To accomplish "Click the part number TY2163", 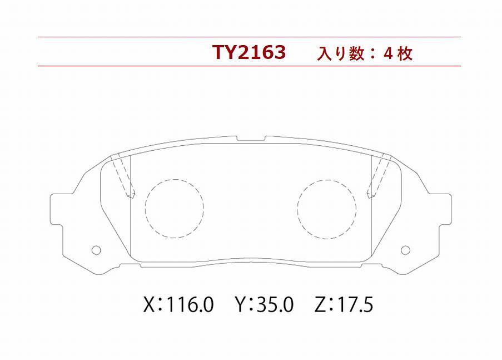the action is [x=249, y=52].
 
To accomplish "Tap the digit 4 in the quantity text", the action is [x=388, y=53].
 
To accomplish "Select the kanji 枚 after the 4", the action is [x=405, y=53].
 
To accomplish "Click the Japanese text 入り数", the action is [x=341, y=53].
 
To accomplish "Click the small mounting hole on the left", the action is [x=96, y=250].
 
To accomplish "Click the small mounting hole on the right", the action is [x=405, y=250].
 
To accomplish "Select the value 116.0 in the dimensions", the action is [x=190, y=304].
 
